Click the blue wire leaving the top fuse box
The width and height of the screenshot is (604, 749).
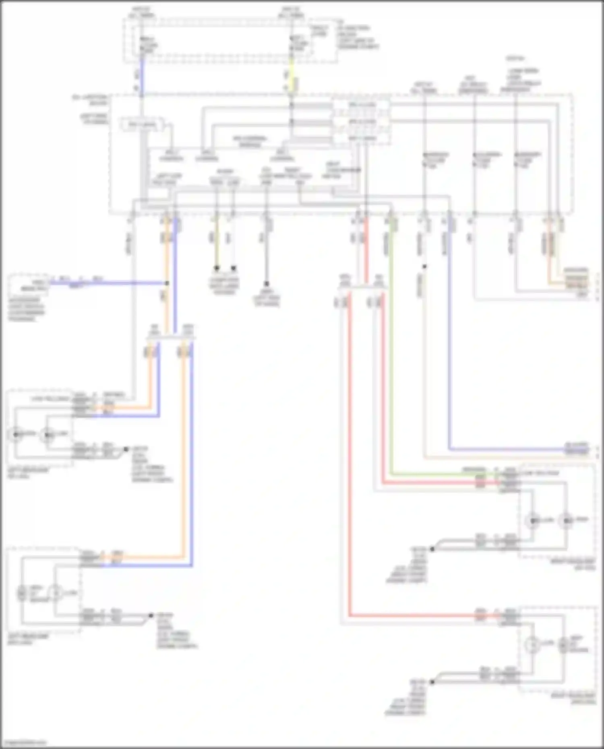pos(141,76)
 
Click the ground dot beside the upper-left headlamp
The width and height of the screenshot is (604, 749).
pos(126,449)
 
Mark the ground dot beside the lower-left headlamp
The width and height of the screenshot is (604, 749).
pos(151,615)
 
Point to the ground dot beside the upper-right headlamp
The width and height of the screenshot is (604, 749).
pos(432,549)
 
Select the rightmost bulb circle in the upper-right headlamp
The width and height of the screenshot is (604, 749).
pos(567,521)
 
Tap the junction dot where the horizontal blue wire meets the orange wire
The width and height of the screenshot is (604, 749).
pos(167,283)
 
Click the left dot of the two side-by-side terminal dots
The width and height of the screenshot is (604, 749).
pos(217,268)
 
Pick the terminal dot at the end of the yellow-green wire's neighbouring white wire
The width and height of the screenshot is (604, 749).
pos(234,268)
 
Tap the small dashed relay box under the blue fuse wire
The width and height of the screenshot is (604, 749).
pos(142,126)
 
